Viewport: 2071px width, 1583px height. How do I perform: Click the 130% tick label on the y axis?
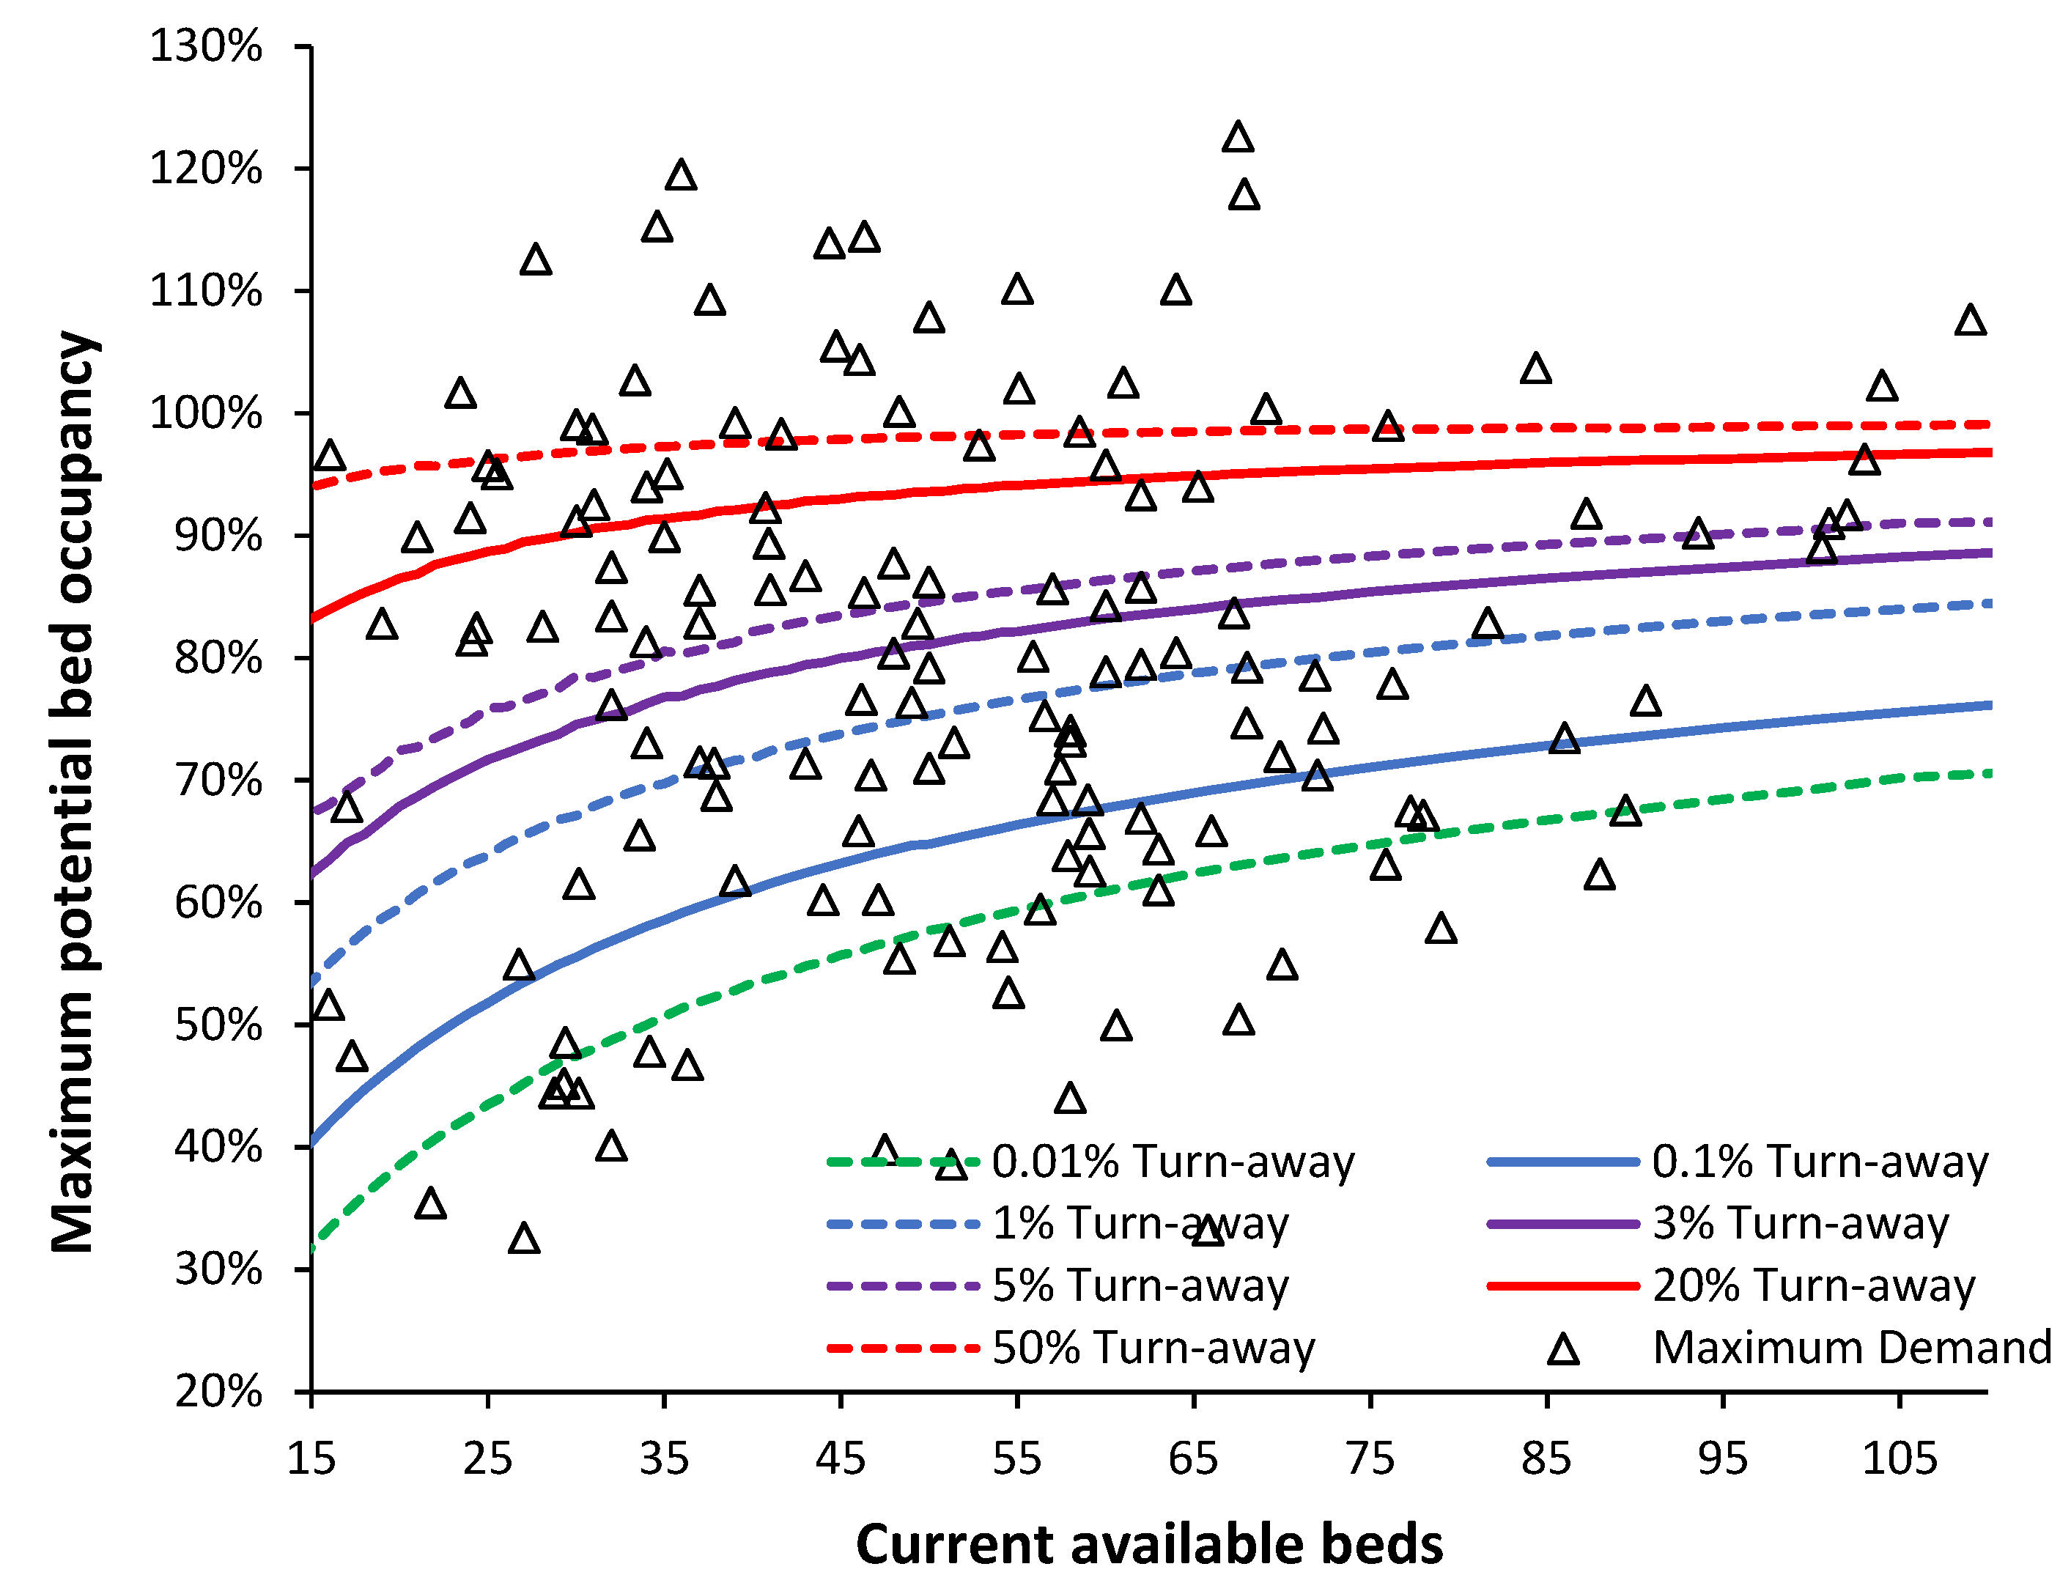point(205,46)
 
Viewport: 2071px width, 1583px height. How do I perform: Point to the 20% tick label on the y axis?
point(218,1392)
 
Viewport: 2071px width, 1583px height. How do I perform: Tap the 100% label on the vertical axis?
point(205,413)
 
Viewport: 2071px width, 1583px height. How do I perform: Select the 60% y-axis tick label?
point(218,903)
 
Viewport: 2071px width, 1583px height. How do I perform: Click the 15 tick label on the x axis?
point(311,1458)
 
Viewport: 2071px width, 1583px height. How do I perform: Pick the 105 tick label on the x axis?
point(1899,1458)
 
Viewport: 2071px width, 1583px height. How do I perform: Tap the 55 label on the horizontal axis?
point(1016,1458)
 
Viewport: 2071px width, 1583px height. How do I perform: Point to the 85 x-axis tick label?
point(1546,1458)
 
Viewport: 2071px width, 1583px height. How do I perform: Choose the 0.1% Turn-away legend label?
point(1820,1162)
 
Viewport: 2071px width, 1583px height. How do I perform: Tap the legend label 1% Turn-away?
point(1140,1224)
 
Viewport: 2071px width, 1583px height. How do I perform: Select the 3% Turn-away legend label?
point(1800,1224)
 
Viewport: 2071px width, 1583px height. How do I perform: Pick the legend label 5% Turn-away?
point(1140,1286)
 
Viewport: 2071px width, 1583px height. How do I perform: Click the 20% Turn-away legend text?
point(1813,1286)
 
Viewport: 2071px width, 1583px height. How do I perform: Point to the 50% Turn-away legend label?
point(1153,1348)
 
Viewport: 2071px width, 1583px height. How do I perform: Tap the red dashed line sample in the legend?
point(903,1348)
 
